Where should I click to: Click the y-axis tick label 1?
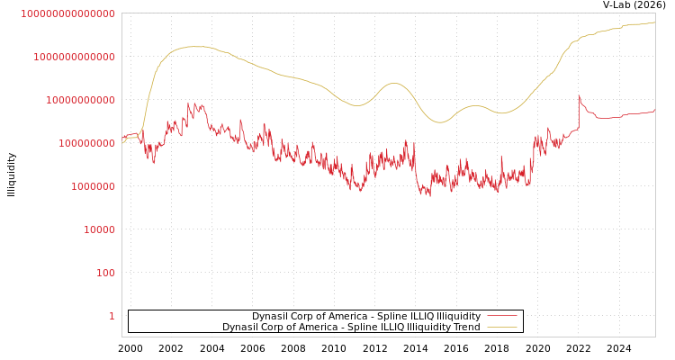click(112, 316)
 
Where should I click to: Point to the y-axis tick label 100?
click(105, 273)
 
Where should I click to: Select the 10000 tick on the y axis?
click(99, 229)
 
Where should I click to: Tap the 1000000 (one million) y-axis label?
click(93, 186)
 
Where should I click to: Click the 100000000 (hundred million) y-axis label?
click(86, 143)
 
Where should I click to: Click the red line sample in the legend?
click(502, 317)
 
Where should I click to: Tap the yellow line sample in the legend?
click(502, 328)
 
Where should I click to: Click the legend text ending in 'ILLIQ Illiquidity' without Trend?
click(365, 317)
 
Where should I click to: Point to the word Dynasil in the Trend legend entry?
click(241, 328)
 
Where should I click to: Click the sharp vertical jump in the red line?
click(579, 112)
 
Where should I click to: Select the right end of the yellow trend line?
click(654, 22)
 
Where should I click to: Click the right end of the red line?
click(654, 111)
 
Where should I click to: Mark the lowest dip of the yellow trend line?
click(438, 122)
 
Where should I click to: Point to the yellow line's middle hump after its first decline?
click(393, 84)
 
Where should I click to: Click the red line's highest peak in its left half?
click(189, 103)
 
